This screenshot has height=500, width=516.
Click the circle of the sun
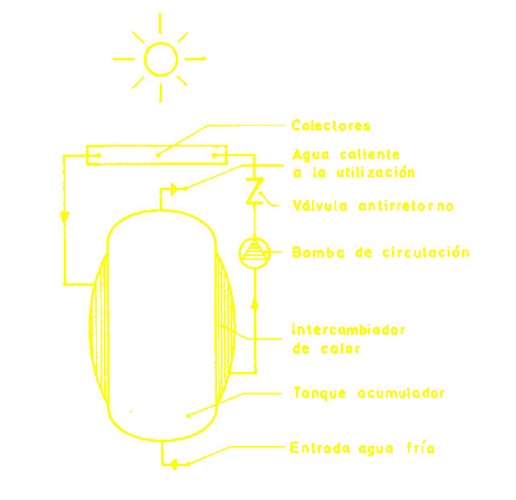[x=160, y=59]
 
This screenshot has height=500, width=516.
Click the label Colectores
[x=331, y=126]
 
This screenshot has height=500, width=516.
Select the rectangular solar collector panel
[x=156, y=153]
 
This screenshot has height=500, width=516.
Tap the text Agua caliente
[x=346, y=154]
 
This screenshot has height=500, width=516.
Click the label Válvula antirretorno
[x=373, y=206]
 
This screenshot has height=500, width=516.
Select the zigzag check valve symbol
[x=254, y=192]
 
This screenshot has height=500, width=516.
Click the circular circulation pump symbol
[x=254, y=252]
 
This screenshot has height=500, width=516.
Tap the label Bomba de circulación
[x=381, y=252]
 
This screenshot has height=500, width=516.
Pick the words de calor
[x=326, y=349]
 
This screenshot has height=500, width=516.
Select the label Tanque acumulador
[x=369, y=393]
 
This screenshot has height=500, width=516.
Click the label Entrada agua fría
[x=362, y=448]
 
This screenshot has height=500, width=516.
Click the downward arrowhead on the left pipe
[x=64, y=217]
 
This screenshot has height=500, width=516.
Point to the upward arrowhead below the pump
[x=254, y=304]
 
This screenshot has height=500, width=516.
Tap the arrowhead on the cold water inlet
[x=173, y=463]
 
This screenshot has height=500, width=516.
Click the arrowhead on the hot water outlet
[x=174, y=189]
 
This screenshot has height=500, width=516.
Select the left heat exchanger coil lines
[x=99, y=330]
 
